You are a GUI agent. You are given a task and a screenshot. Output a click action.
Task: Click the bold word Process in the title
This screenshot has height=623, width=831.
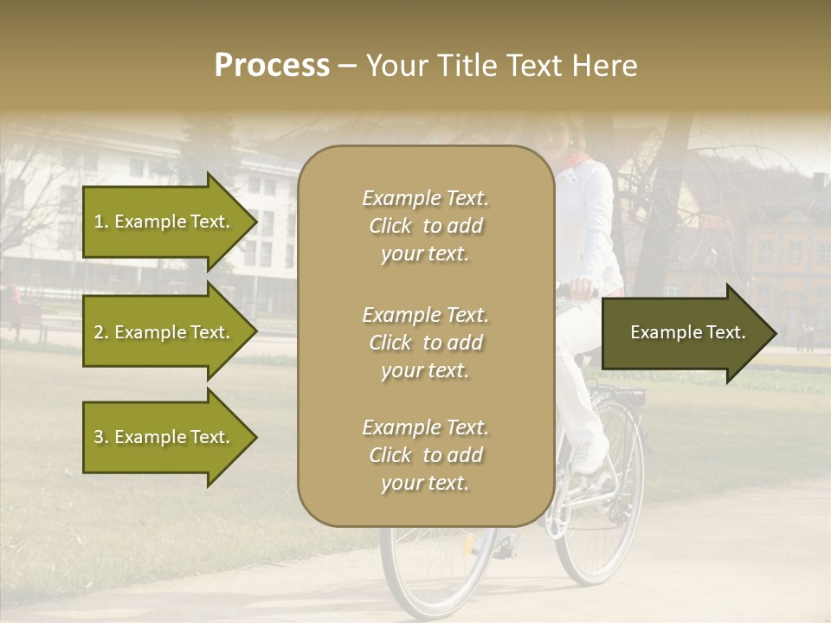click(272, 66)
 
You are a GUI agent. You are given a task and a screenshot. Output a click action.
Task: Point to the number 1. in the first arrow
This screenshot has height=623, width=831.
click(101, 222)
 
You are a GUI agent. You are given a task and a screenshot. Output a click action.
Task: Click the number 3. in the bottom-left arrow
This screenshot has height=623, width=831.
click(101, 437)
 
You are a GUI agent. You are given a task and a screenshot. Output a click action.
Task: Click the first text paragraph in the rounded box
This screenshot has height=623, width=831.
click(425, 226)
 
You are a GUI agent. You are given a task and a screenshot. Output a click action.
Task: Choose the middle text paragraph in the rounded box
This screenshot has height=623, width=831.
click(425, 343)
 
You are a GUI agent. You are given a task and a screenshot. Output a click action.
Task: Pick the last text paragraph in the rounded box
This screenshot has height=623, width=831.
click(425, 455)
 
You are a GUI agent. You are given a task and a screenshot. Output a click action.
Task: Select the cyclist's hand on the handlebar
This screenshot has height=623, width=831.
click(583, 286)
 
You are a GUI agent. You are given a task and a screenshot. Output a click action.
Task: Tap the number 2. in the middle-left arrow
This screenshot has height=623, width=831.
click(101, 332)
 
